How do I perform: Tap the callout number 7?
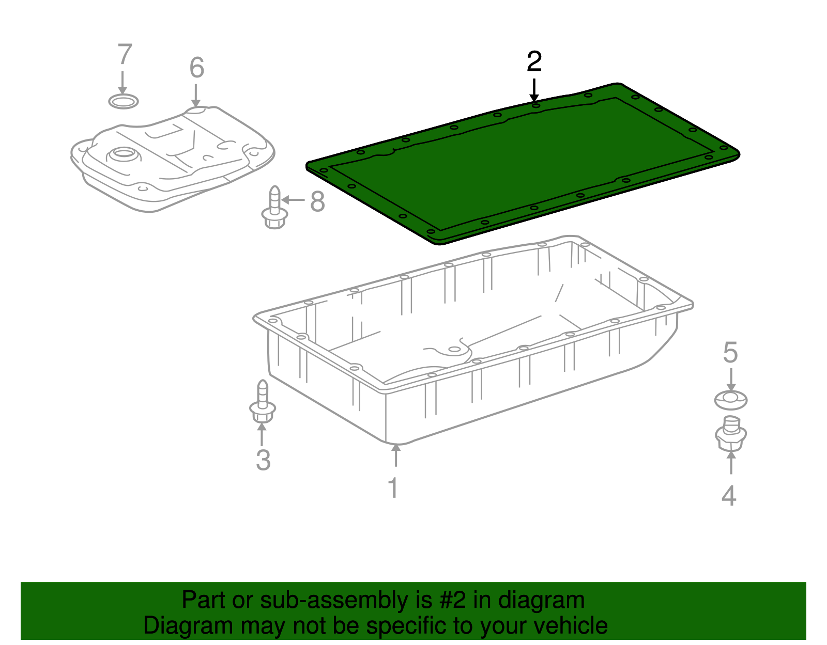coord(125,55)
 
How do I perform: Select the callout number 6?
coord(196,68)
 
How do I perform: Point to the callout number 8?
coord(317,201)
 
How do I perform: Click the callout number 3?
coord(263,460)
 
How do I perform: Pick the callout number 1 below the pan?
coord(394,488)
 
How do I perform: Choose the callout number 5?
coord(730,353)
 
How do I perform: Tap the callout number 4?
coord(729,496)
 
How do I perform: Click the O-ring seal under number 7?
coord(124,101)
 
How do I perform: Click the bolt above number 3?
coord(263,402)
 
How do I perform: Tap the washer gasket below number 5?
coord(730,400)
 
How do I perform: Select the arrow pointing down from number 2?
coord(534,90)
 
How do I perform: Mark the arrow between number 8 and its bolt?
coord(294,200)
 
